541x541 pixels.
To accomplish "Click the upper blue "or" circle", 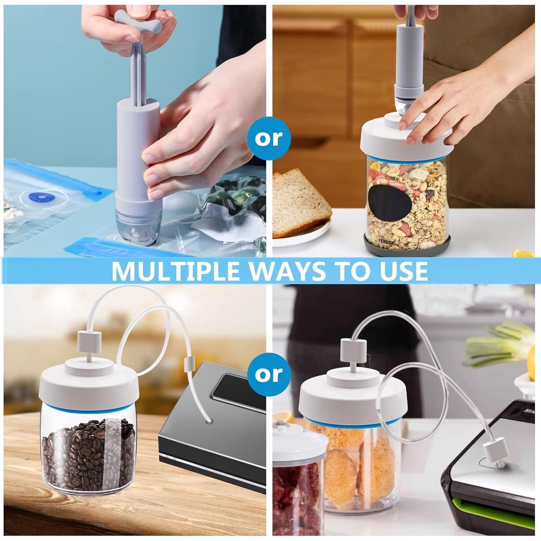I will pos(269,138).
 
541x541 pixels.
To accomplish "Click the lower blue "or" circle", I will pos(269,374).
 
